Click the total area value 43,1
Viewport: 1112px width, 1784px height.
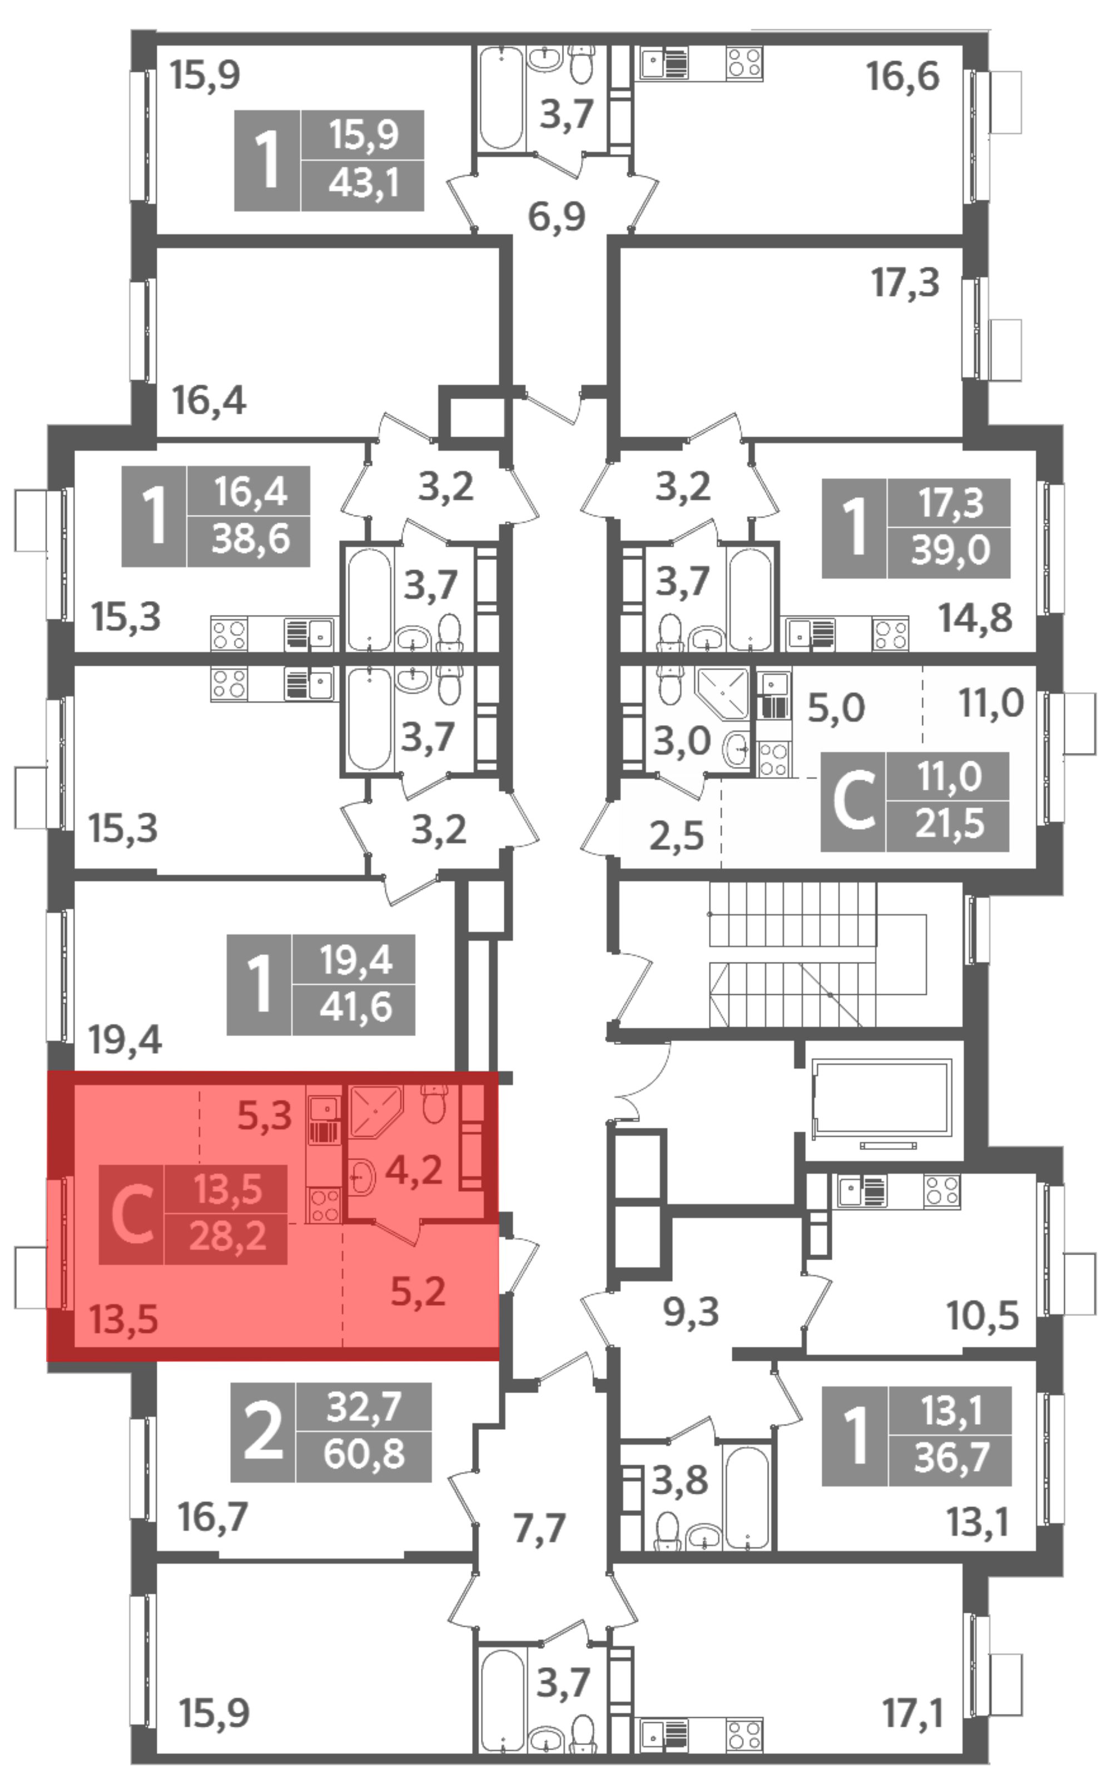(x=363, y=183)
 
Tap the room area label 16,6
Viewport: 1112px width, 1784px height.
(x=902, y=77)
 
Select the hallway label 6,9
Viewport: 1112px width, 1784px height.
(x=557, y=217)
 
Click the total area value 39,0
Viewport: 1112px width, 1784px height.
(x=950, y=549)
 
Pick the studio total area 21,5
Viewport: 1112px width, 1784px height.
(x=949, y=824)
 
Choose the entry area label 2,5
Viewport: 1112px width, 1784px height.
(x=676, y=836)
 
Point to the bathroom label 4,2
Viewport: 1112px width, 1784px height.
(x=414, y=1170)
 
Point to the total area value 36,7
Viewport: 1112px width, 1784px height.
(x=951, y=1457)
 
